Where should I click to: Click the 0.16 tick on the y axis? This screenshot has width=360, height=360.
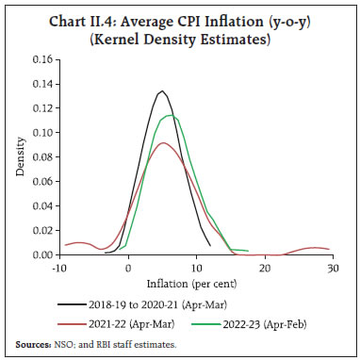[41, 58]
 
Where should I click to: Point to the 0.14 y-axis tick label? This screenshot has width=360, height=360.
[41, 83]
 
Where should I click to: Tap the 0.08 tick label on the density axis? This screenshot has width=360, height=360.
[41, 156]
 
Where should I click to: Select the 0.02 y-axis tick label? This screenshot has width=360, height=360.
[41, 230]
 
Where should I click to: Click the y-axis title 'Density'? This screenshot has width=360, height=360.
[20, 156]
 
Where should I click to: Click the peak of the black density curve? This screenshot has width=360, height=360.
[163, 91]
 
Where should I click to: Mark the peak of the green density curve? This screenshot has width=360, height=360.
[171, 116]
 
